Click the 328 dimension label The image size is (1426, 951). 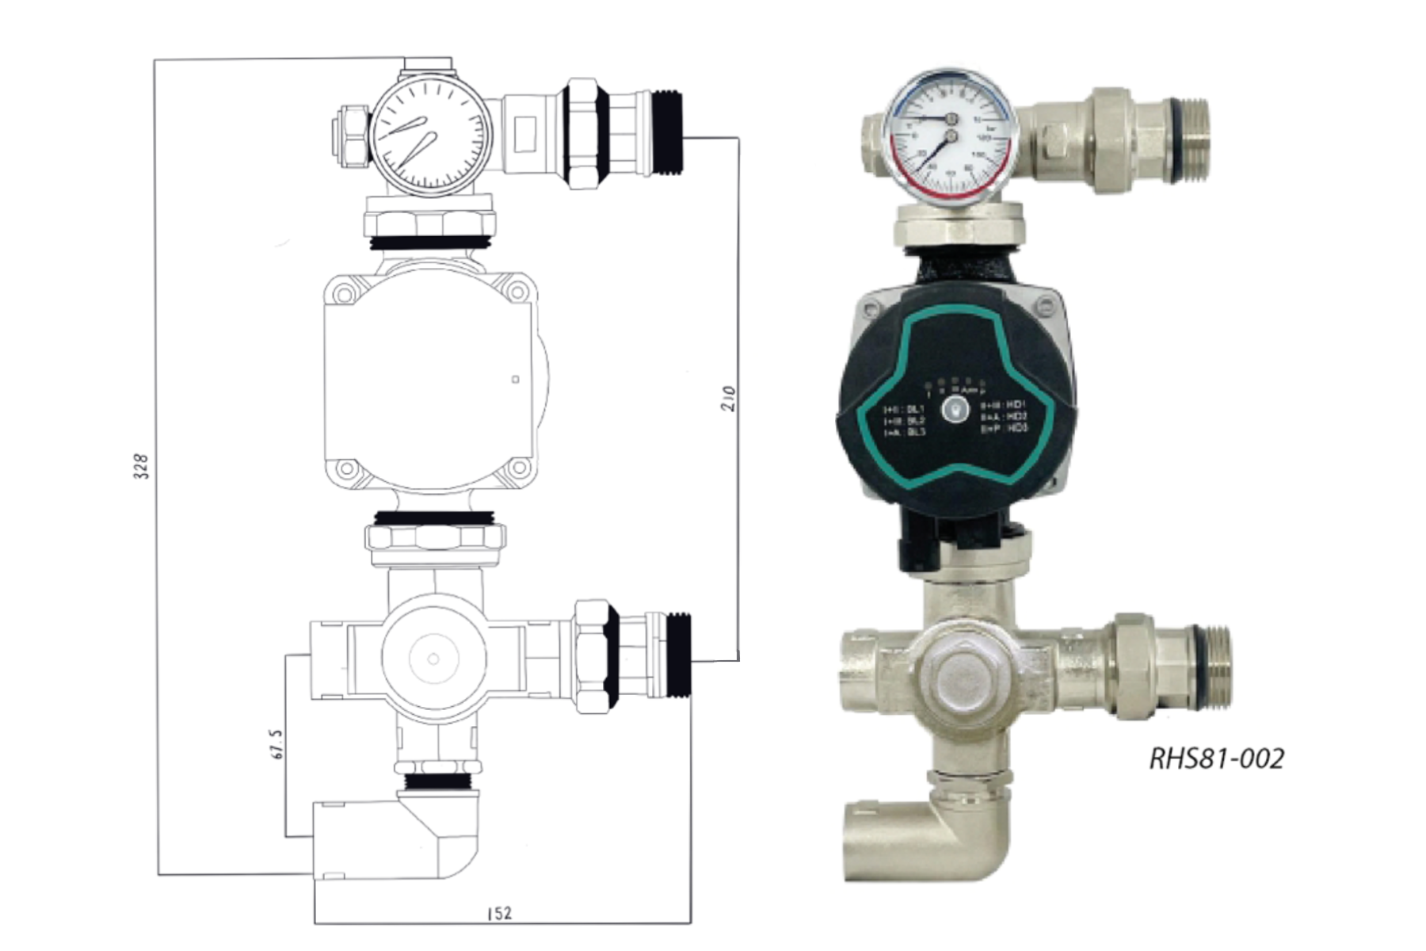[140, 467]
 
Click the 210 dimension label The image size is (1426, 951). [729, 398]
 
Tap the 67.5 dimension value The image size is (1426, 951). [276, 743]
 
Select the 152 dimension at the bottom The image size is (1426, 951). [500, 913]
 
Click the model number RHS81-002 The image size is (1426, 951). [1216, 758]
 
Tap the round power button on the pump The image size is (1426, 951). [957, 410]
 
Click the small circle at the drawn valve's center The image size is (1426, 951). [433, 659]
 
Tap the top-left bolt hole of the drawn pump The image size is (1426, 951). [344, 294]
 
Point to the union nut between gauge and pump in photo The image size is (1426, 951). [959, 225]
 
